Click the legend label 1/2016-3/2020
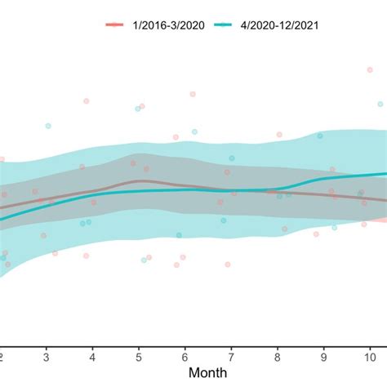click(169, 25)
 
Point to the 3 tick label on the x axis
click(47, 357)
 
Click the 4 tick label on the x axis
click(92, 357)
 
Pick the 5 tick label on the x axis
click(139, 357)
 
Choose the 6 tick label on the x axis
click(185, 357)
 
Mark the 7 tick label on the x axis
click(232, 357)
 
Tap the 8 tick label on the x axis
click(278, 357)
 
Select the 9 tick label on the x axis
click(324, 357)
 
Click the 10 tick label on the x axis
click(370, 357)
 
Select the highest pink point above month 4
click(86, 100)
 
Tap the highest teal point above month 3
click(48, 126)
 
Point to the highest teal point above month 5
click(136, 109)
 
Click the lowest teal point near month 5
click(144, 260)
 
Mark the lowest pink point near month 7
click(228, 265)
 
